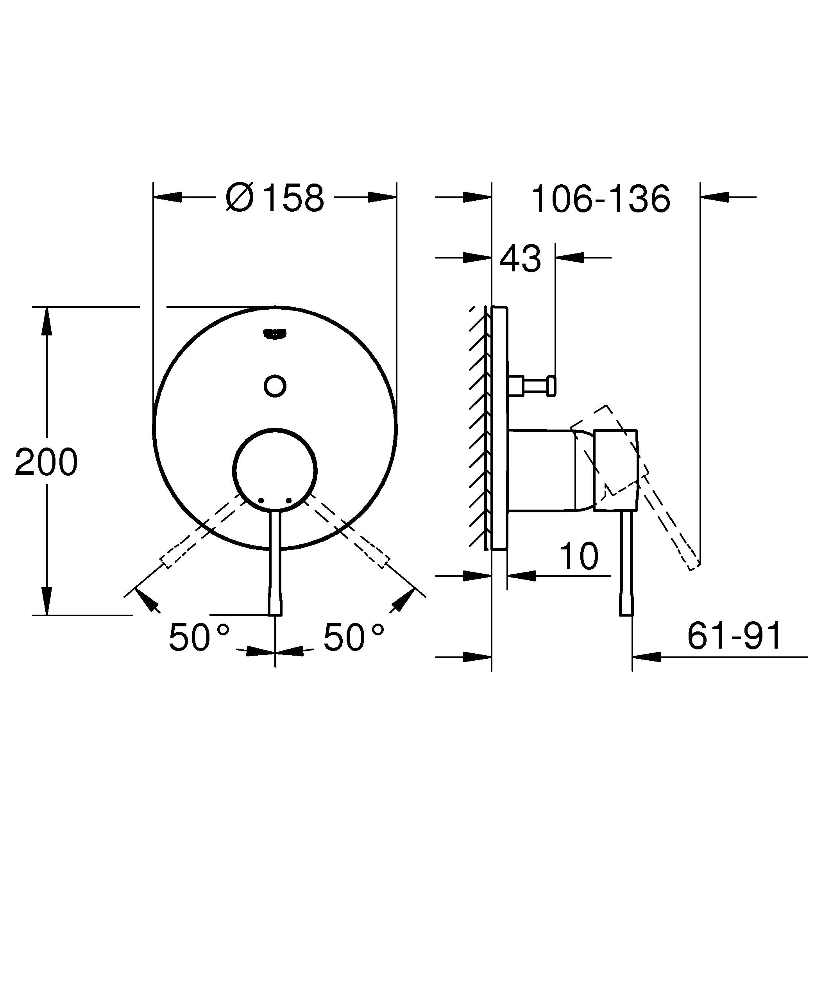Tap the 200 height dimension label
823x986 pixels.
(46, 462)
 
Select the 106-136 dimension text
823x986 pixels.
(600, 199)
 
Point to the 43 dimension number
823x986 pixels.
(520, 259)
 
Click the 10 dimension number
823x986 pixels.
(579, 557)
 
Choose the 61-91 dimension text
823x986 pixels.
(734, 636)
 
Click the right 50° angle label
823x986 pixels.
(354, 637)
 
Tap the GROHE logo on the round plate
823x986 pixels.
(275, 333)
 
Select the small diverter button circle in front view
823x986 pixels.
(275, 386)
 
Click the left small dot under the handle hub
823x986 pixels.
(262, 501)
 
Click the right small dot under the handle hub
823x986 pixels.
(288, 501)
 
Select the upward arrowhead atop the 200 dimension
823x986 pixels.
(46, 319)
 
